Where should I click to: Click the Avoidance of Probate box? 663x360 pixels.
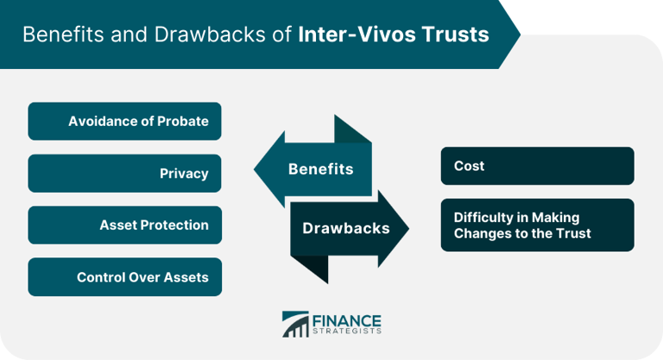(125, 121)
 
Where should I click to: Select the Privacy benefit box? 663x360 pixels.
(125, 173)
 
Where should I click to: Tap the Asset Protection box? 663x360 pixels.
(125, 224)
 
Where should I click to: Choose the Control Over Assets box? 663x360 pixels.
(125, 277)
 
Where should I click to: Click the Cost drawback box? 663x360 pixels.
(537, 166)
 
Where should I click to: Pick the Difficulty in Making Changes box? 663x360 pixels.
(537, 225)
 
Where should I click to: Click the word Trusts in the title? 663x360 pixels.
(458, 35)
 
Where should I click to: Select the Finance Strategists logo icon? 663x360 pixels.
(295, 325)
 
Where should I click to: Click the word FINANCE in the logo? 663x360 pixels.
(346, 319)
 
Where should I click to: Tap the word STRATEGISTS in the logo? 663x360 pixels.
(347, 331)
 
